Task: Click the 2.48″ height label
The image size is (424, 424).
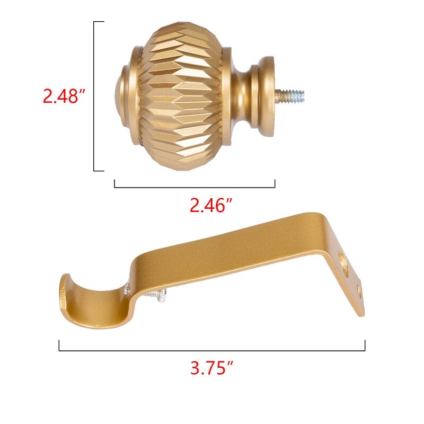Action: [64, 98]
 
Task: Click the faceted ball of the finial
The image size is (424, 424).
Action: [180, 95]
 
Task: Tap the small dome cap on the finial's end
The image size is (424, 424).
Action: [120, 95]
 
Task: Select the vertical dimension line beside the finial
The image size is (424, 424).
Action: [94, 95]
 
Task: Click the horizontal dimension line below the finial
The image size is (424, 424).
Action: [195, 187]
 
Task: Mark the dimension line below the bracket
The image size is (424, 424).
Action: [212, 350]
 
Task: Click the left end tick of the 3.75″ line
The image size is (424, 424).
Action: [59, 345]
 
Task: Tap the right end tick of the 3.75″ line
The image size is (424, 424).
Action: [365, 345]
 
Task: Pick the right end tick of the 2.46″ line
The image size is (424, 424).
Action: [275, 183]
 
